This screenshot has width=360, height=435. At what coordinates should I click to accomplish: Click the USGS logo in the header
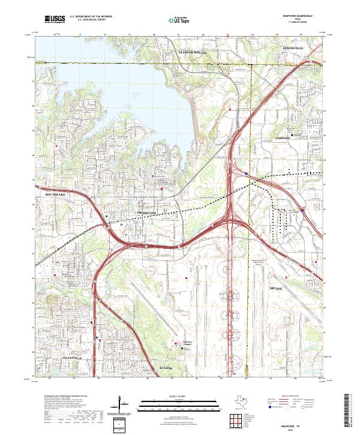coord(55,19)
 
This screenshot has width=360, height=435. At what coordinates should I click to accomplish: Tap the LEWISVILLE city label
coord(294,45)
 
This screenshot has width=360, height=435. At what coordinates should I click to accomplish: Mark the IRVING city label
coord(276,289)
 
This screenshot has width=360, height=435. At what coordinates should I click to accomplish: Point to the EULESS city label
coord(166,367)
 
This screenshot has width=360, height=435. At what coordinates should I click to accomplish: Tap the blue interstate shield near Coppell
coord(246,173)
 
